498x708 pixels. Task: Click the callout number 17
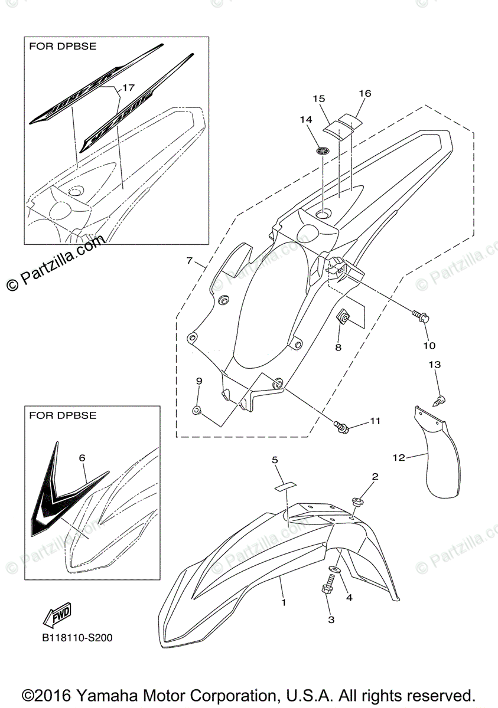click(x=128, y=88)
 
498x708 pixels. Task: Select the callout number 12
click(x=399, y=457)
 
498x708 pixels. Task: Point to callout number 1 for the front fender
click(x=284, y=602)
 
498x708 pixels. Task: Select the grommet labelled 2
click(x=357, y=503)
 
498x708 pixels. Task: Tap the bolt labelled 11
click(x=341, y=424)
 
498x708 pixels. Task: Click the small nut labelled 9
click(x=197, y=409)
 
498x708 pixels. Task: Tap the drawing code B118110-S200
click(x=77, y=638)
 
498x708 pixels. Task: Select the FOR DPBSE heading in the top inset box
click(x=62, y=45)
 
